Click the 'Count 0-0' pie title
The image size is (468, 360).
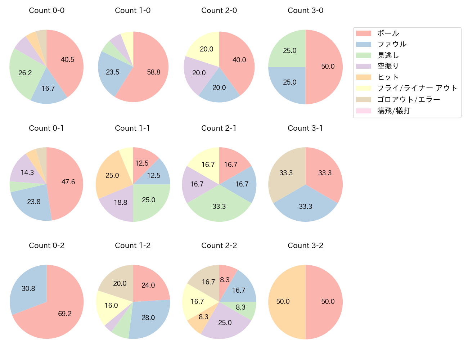pos(46,10)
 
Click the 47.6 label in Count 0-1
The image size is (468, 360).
pos(68,182)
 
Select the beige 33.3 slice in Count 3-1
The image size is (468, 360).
pos(286,173)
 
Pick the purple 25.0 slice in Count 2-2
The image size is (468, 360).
pos(225,323)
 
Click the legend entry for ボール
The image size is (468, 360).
pos(388,33)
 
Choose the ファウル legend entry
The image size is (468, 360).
pos(392,44)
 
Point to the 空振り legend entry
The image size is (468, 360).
pos(388,66)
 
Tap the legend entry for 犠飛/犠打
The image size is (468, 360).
pos(393,111)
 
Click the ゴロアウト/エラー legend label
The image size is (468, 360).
pos(409,99)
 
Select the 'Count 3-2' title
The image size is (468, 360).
pos(305,246)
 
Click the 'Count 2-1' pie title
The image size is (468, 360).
pos(219,128)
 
